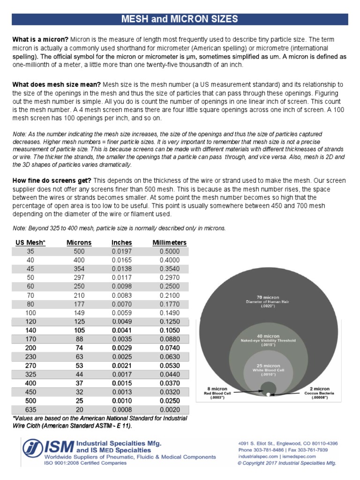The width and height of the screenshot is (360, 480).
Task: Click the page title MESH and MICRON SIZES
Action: coord(180,19)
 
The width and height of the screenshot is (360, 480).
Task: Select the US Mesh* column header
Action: coord(30,242)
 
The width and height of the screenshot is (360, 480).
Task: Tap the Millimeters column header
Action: coord(170,242)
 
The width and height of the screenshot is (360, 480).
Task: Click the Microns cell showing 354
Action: coord(79,269)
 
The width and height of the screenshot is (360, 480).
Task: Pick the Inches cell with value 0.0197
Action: coord(122,251)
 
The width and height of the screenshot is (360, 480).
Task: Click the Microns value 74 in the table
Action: coord(79,347)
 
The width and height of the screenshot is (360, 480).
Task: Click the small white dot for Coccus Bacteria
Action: coord(268,395)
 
